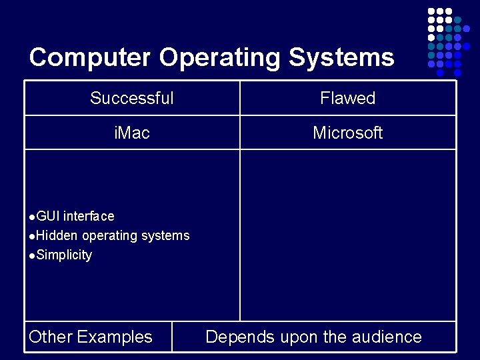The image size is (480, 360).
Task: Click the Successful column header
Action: [x=132, y=99]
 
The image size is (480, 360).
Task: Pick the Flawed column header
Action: [x=347, y=99]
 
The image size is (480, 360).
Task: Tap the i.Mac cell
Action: [x=132, y=133]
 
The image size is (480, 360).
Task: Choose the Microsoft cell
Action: [x=347, y=133]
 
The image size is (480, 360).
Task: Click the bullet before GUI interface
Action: [x=33, y=217]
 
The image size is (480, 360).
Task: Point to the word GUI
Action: [x=48, y=216]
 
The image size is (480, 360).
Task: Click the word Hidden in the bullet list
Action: [x=57, y=235]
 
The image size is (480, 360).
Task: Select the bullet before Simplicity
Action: [x=33, y=255]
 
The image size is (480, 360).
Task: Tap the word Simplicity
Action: [x=64, y=255]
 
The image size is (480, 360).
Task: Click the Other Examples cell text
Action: [x=91, y=337]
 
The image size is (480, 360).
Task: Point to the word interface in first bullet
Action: [x=89, y=216]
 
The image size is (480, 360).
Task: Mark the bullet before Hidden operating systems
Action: [x=33, y=236]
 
